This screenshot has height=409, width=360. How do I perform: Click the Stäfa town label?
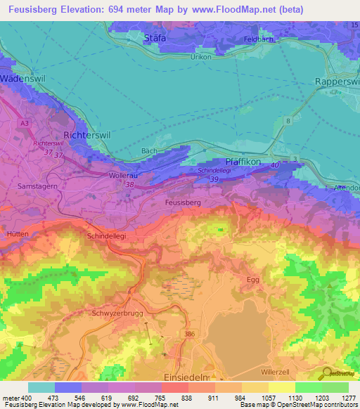[154, 38]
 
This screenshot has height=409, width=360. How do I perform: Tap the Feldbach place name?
[257, 39]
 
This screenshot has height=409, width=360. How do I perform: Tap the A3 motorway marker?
[25, 123]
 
